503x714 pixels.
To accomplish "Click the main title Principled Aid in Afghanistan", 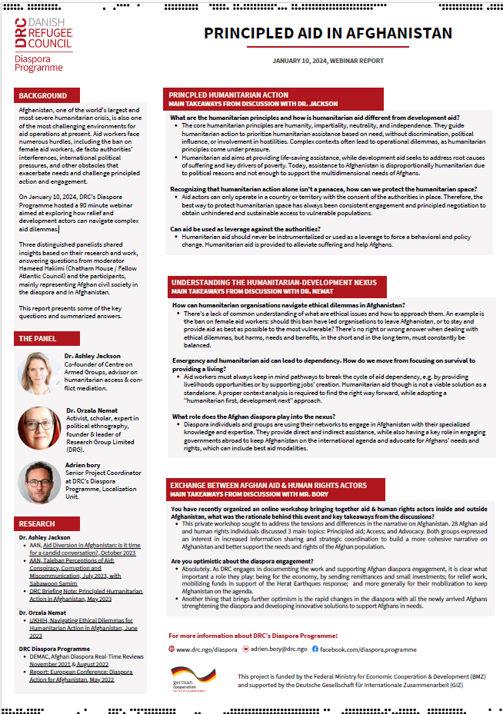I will point(328,33).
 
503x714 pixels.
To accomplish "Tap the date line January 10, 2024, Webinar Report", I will point(328,60).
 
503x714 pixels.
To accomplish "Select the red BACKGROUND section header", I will point(43,96).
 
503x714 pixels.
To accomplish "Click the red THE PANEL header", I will point(38,338).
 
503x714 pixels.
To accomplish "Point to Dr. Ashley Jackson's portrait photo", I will point(39,373).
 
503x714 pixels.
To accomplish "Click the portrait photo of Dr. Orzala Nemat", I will point(39,428).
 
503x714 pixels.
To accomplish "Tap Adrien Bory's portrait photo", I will point(39,483).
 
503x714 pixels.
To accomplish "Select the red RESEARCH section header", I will point(37,524).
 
